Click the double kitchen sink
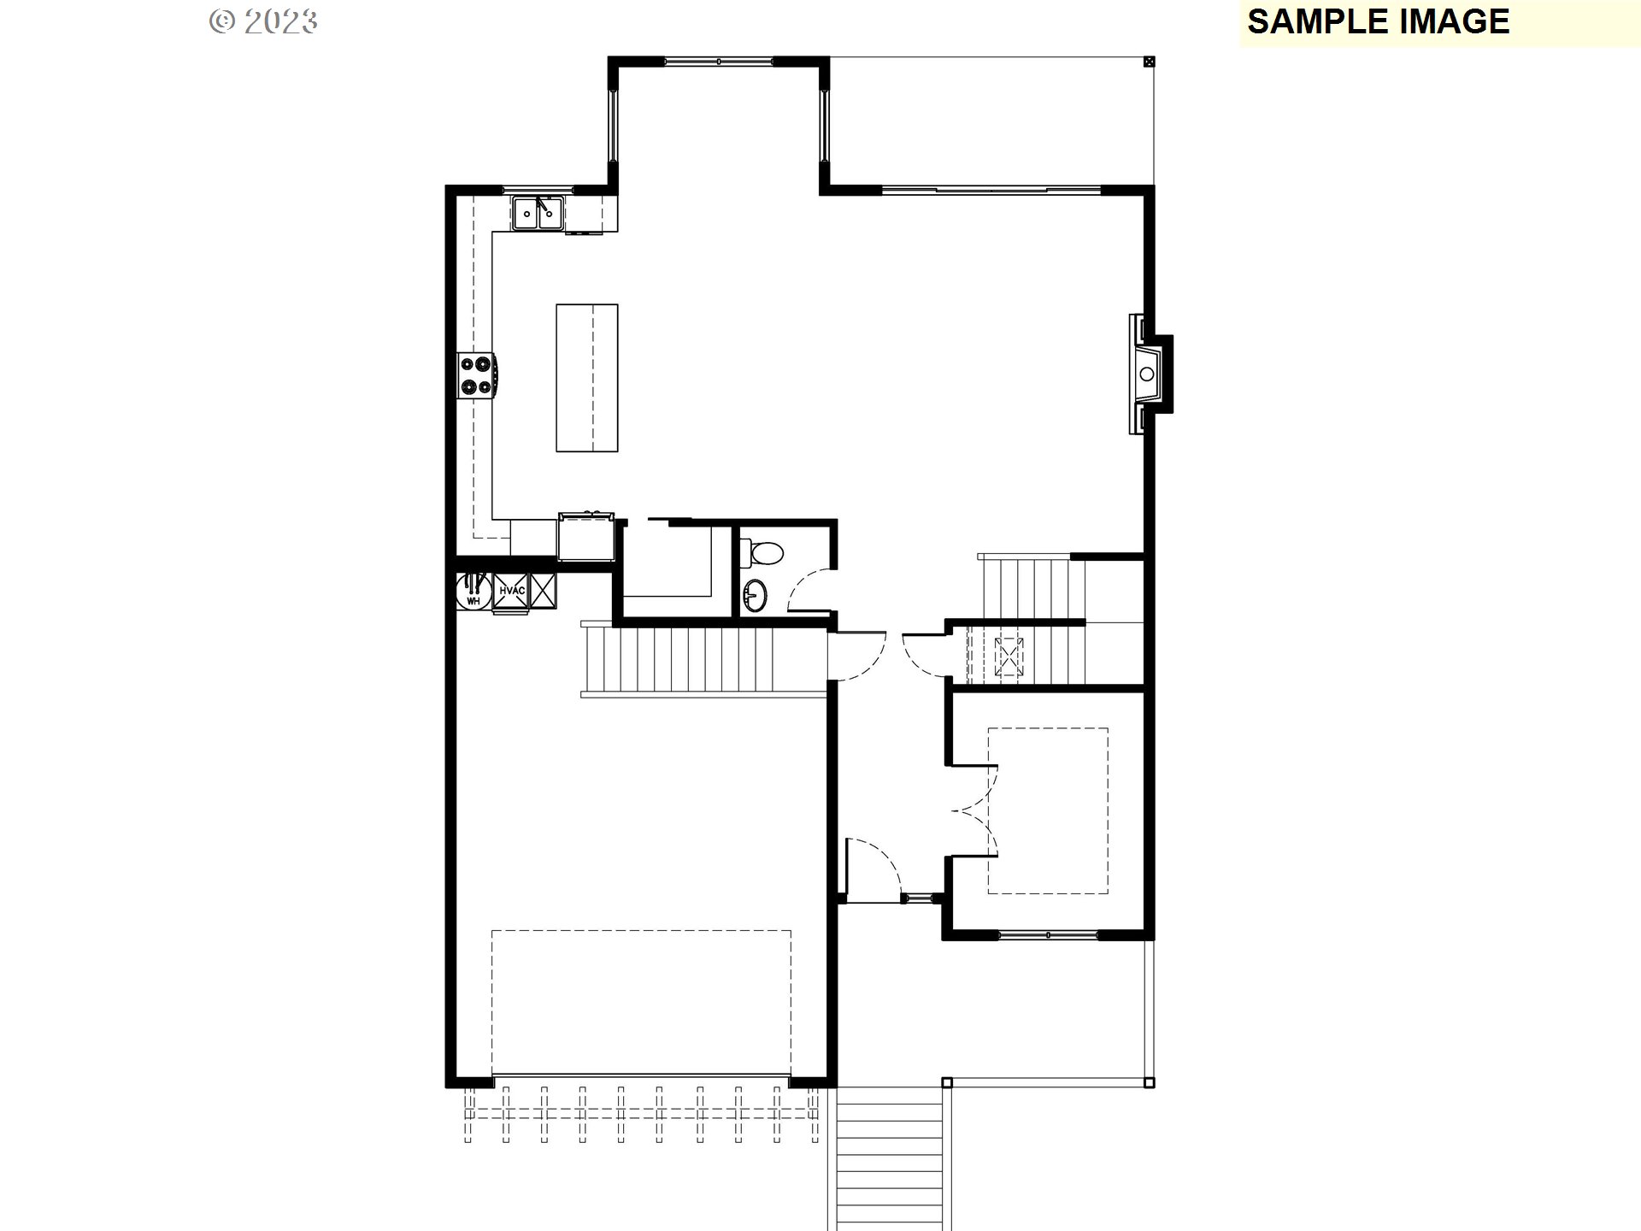coord(538,212)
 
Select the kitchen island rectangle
coord(586,377)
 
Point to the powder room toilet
coord(761,552)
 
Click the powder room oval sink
coord(756,595)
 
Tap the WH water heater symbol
coord(473,591)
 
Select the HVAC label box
coord(511,591)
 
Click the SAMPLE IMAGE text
coord(1378,21)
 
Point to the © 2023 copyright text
coord(264,21)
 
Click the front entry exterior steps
coord(890,1158)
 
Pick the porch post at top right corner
coord(1149,62)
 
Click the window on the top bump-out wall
coord(719,62)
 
